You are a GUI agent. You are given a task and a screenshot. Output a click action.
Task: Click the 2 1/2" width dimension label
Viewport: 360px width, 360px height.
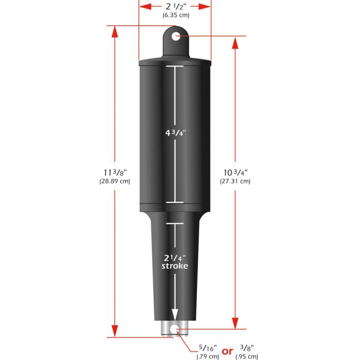pyautogui.click(x=175, y=7)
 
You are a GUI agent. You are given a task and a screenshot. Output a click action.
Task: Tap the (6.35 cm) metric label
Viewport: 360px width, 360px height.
pyautogui.click(x=175, y=16)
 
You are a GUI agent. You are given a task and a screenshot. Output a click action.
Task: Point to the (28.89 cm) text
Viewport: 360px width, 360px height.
pyautogui.click(x=115, y=181)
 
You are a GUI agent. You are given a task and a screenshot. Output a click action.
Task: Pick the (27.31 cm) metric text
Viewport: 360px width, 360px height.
pyautogui.click(x=235, y=181)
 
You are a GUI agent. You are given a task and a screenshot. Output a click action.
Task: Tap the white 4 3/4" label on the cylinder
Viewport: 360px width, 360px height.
pyautogui.click(x=175, y=132)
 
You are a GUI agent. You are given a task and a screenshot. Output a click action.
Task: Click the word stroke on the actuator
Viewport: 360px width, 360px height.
pyautogui.click(x=175, y=266)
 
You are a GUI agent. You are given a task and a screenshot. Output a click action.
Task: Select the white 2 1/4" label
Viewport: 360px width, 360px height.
pyautogui.click(x=175, y=257)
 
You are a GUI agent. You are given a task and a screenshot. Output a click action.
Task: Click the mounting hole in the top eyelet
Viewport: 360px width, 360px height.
pyautogui.click(x=175, y=36)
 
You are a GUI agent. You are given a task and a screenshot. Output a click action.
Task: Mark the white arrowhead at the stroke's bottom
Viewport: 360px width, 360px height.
pyautogui.click(x=175, y=315)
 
